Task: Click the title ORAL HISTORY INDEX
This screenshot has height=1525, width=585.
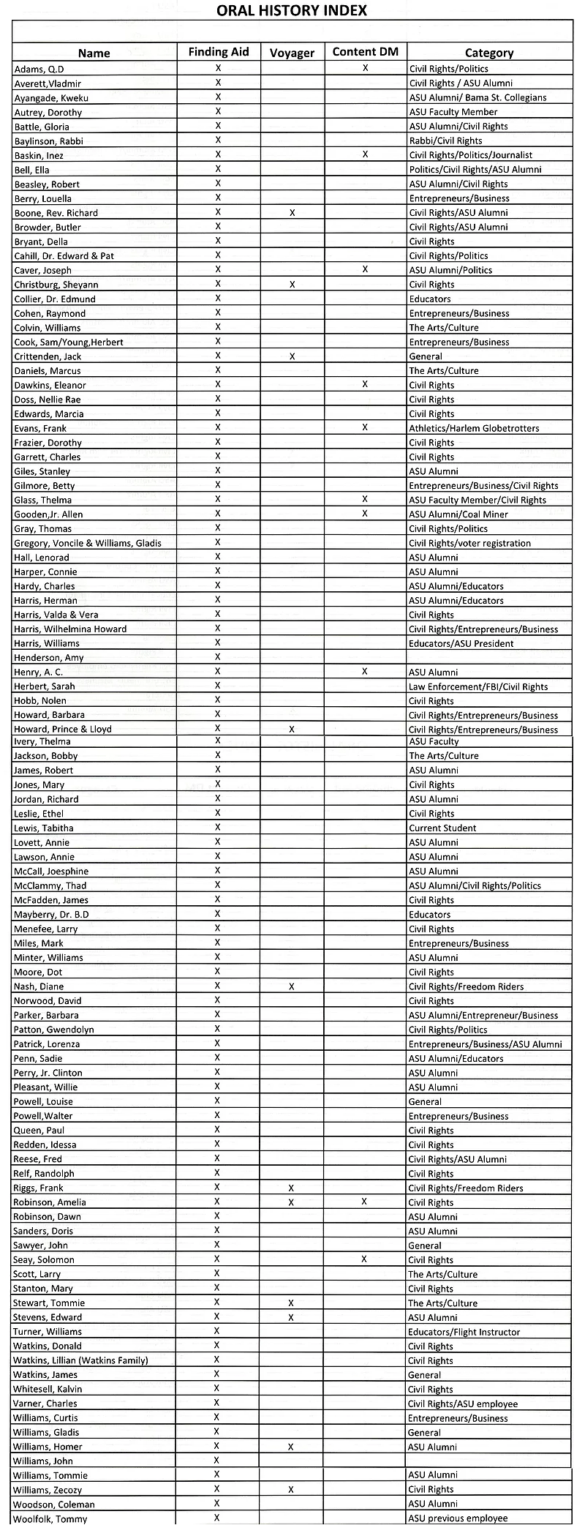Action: pyautogui.click(x=292, y=10)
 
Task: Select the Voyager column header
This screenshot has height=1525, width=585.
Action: pyautogui.click(x=292, y=53)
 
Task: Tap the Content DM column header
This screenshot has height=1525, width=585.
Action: pyautogui.click(x=365, y=52)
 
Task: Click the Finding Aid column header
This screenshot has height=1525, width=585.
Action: pyautogui.click(x=219, y=52)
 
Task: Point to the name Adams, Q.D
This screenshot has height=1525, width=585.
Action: pyautogui.click(x=39, y=69)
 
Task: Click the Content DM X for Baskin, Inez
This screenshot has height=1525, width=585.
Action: pyautogui.click(x=365, y=154)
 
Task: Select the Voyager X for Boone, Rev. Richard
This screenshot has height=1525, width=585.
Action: pyautogui.click(x=292, y=212)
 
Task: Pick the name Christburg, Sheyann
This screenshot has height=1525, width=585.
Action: pyautogui.click(x=56, y=285)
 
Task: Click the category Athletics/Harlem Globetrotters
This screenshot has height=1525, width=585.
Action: pyautogui.click(x=474, y=428)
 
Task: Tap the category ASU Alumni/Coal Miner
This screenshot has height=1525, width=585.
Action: pyautogui.click(x=458, y=514)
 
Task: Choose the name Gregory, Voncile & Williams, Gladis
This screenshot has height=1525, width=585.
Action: pyautogui.click(x=88, y=543)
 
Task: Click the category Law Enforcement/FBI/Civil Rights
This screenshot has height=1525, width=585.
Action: pyautogui.click(x=478, y=686)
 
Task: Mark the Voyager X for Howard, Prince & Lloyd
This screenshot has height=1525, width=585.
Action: pyautogui.click(x=292, y=729)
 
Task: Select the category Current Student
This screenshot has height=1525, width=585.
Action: pyautogui.click(x=442, y=828)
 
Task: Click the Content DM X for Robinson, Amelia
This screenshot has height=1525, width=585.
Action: pyautogui.click(x=364, y=1202)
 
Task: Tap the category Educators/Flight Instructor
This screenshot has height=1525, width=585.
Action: pyautogui.click(x=464, y=1332)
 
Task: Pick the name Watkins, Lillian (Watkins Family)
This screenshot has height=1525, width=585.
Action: pyautogui.click(x=80, y=1360)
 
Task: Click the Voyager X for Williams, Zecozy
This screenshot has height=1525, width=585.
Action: pyautogui.click(x=291, y=1489)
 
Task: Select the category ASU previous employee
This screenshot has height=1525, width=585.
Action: pyautogui.click(x=458, y=1518)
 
